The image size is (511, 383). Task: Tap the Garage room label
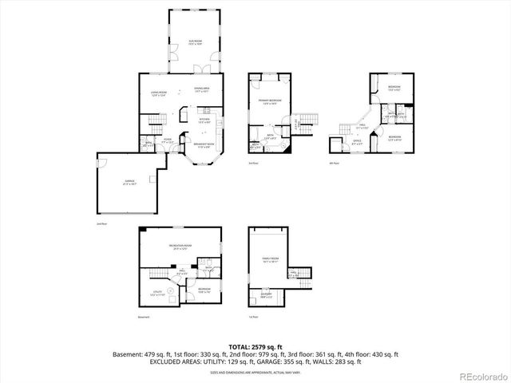129,183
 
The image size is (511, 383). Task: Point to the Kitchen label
204,120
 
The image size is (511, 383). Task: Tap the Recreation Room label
180,246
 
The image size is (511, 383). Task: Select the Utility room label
157,294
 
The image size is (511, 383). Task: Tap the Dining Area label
201,89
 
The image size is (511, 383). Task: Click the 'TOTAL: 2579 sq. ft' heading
255,346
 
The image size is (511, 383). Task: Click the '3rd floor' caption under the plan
253,162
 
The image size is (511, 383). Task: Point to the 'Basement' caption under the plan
144,318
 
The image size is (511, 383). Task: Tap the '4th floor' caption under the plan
335,162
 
